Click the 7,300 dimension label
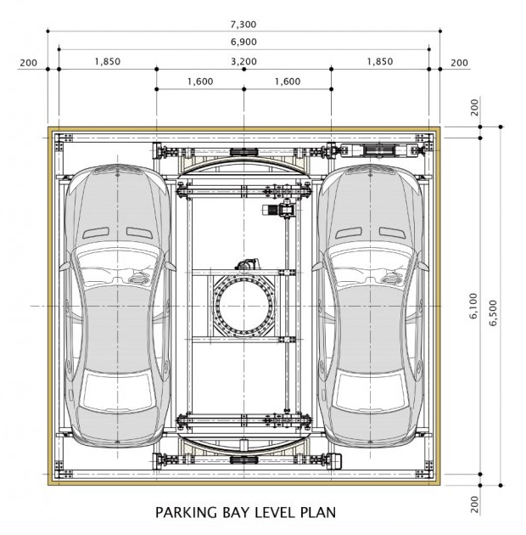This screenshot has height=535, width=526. click(x=243, y=25)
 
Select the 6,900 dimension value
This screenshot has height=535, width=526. click(x=243, y=42)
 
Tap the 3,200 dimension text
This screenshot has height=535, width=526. click(x=243, y=61)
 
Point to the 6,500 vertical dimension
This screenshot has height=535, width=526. click(x=493, y=313)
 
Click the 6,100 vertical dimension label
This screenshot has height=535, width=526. click(x=473, y=306)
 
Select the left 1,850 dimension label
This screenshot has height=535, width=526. click(x=108, y=61)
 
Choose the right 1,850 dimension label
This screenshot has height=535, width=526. click(x=380, y=61)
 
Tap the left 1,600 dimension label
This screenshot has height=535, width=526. click(x=200, y=82)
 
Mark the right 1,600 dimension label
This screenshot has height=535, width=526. click(x=288, y=82)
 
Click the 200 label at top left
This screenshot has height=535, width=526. click(x=28, y=63)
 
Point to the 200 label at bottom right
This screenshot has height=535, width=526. click(x=474, y=504)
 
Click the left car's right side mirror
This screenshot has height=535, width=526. click(x=171, y=267)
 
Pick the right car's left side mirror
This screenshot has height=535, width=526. click(x=316, y=267)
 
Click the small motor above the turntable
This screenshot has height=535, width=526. click(x=247, y=264)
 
